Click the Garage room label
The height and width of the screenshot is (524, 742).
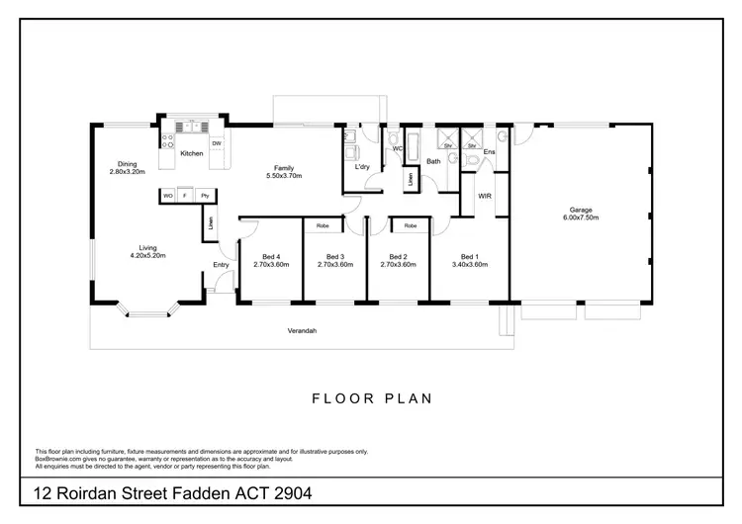click(x=583, y=210)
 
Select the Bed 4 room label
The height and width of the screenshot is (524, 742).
click(x=271, y=257)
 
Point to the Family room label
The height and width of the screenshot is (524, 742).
click(x=284, y=168)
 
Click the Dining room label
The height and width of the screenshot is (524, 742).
click(x=127, y=164)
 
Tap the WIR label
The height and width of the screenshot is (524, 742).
click(x=485, y=196)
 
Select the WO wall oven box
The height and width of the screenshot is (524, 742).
click(x=167, y=196)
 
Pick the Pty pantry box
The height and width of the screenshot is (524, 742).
click(x=206, y=196)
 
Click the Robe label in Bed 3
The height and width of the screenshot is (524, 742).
click(x=322, y=226)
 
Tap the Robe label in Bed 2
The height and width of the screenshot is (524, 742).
click(x=410, y=226)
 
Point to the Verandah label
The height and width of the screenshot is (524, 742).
click(x=302, y=330)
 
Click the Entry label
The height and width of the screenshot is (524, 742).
click(x=221, y=265)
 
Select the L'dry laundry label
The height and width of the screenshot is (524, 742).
click(x=363, y=166)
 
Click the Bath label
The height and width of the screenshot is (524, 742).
click(x=433, y=161)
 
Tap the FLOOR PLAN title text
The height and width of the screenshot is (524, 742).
click(x=372, y=399)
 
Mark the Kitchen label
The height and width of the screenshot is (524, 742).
click(x=191, y=153)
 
